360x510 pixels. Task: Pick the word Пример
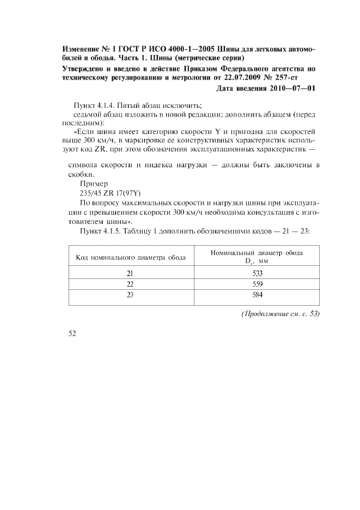(94, 184)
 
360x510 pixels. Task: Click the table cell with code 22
(130, 284)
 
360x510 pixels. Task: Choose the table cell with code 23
(130, 295)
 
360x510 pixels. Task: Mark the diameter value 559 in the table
(258, 284)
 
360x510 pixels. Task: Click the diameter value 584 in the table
(258, 295)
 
